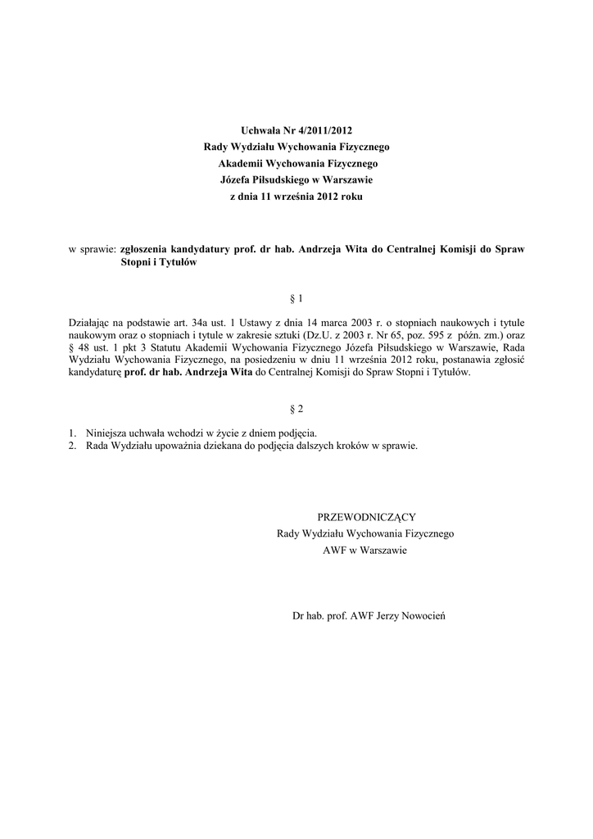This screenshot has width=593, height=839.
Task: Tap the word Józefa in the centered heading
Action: (238, 180)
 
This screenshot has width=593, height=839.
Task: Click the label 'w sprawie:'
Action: (92, 247)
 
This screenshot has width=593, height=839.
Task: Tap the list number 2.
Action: (72, 446)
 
